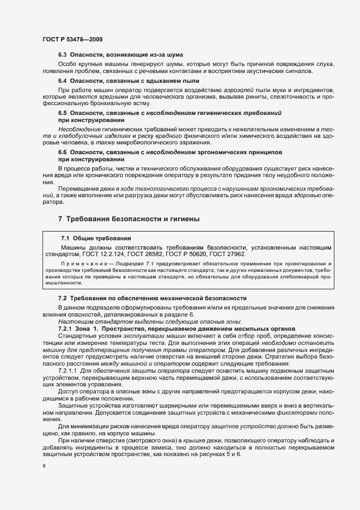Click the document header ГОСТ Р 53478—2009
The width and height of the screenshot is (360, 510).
(72, 40)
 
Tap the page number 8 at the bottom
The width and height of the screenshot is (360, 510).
(44, 466)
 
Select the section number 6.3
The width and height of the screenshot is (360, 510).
(63, 55)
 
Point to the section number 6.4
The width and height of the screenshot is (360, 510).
(63, 81)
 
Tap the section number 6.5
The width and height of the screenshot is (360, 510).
(63, 112)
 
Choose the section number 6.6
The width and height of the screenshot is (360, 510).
(63, 152)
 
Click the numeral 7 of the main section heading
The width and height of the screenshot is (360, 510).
(60, 219)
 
